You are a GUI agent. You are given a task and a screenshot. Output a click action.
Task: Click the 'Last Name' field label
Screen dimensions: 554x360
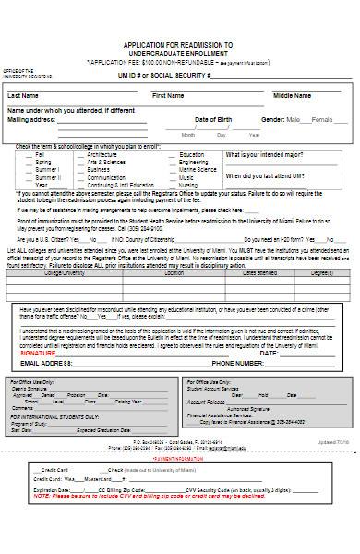tap(23, 95)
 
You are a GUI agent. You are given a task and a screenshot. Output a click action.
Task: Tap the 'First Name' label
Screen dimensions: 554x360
tap(168, 95)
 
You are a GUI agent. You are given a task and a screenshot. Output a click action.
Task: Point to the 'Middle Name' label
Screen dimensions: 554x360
tap(292, 95)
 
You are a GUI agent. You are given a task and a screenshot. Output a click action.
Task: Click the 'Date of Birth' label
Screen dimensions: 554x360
tap(214, 120)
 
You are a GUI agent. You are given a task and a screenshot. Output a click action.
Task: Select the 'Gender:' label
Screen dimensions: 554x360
tap(273, 120)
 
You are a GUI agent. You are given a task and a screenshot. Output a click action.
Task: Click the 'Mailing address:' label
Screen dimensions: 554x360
tap(32, 120)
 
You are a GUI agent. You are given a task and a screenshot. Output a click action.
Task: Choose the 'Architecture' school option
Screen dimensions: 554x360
tap(103, 154)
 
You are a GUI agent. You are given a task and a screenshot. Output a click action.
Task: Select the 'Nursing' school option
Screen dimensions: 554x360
tap(188, 185)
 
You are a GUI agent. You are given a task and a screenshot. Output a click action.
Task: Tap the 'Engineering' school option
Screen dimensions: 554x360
tap(194, 162)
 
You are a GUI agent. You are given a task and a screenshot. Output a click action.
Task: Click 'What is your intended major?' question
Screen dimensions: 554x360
tap(268, 155)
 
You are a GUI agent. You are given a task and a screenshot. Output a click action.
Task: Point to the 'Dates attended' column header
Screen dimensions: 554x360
tap(259, 272)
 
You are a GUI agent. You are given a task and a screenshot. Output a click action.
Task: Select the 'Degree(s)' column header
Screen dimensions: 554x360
tap(321, 272)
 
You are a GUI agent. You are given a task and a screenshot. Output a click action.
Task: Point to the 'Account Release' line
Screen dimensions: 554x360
tap(206, 403)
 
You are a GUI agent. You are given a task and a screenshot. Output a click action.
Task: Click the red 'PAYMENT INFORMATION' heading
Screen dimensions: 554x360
tap(179, 457)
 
